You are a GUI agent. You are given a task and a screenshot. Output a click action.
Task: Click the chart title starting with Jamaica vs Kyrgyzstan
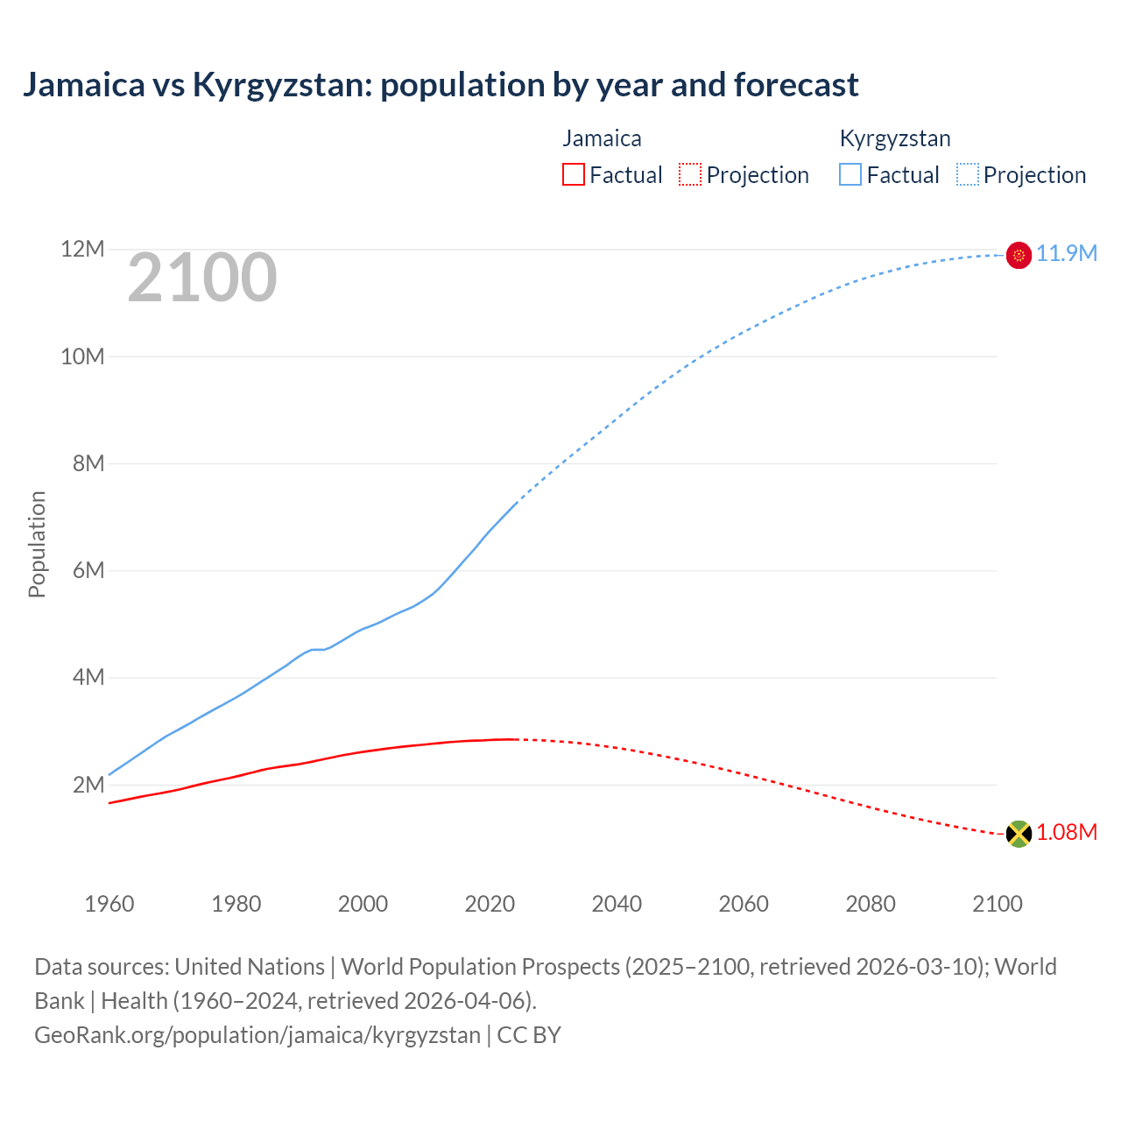(x=441, y=85)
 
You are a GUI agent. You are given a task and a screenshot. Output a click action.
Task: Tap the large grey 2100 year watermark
(x=202, y=278)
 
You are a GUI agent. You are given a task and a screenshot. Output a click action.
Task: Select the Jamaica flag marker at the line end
(x=1019, y=834)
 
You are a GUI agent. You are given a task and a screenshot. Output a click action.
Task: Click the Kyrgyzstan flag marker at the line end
(x=1019, y=255)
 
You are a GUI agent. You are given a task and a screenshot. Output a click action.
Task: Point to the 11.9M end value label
(x=1066, y=254)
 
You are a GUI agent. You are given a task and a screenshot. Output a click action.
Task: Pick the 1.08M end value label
(x=1066, y=833)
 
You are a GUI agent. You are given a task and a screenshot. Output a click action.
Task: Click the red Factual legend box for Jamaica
(x=574, y=174)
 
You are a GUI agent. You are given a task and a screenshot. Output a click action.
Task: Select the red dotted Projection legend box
(x=690, y=174)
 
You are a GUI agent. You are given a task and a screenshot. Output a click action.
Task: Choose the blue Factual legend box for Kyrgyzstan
(x=850, y=174)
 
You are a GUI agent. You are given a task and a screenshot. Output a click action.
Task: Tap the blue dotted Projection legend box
(x=968, y=174)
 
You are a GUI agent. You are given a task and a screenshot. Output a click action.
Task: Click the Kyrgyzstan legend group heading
(x=894, y=138)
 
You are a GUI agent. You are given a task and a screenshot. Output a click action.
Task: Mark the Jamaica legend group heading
(x=602, y=138)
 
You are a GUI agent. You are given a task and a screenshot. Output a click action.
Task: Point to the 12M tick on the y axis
(x=82, y=250)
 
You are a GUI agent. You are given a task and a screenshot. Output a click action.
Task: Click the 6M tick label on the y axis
(x=88, y=571)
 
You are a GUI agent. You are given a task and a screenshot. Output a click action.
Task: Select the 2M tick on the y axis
(x=88, y=785)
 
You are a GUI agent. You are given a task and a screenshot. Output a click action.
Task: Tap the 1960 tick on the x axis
(x=109, y=904)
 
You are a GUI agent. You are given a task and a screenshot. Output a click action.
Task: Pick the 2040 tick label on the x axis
(x=617, y=904)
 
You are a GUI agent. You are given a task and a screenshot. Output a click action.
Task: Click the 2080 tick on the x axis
(x=871, y=904)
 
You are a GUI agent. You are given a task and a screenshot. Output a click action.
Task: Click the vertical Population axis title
(x=37, y=544)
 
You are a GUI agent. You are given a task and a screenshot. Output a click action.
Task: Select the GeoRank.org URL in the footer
(x=257, y=1035)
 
